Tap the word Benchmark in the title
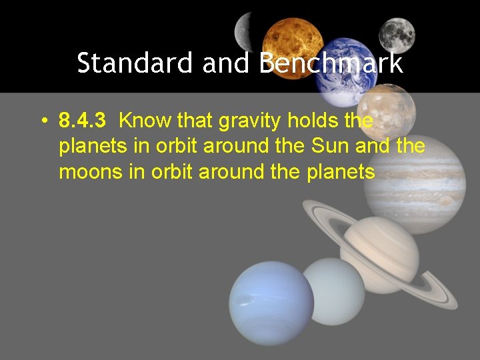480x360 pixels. tap(331, 63)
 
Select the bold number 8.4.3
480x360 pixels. tap(83, 121)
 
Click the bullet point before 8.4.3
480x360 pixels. tap(42, 121)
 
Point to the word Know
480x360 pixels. tap(145, 121)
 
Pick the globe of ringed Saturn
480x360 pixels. tap(379, 253)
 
